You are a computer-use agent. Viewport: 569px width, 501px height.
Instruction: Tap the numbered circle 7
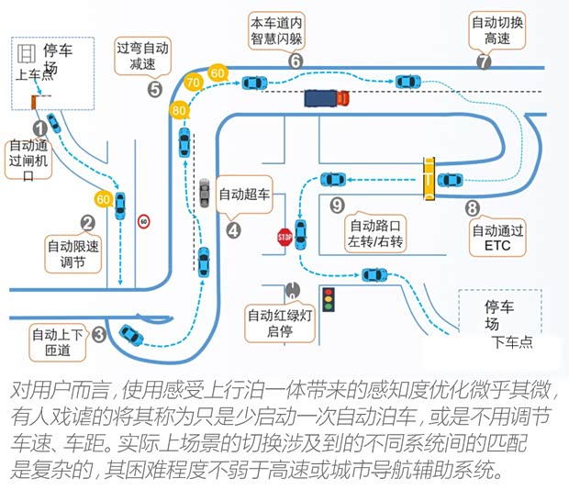coord(484,61)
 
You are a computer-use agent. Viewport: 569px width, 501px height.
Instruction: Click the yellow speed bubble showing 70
coord(194,83)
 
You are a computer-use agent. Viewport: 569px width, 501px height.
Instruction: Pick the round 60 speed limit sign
coord(143,221)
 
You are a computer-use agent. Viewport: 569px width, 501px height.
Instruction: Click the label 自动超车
coord(244,195)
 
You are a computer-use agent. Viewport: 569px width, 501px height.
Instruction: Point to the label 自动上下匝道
coord(58,340)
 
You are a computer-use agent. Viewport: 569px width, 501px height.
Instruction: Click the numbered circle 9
coord(337,205)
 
